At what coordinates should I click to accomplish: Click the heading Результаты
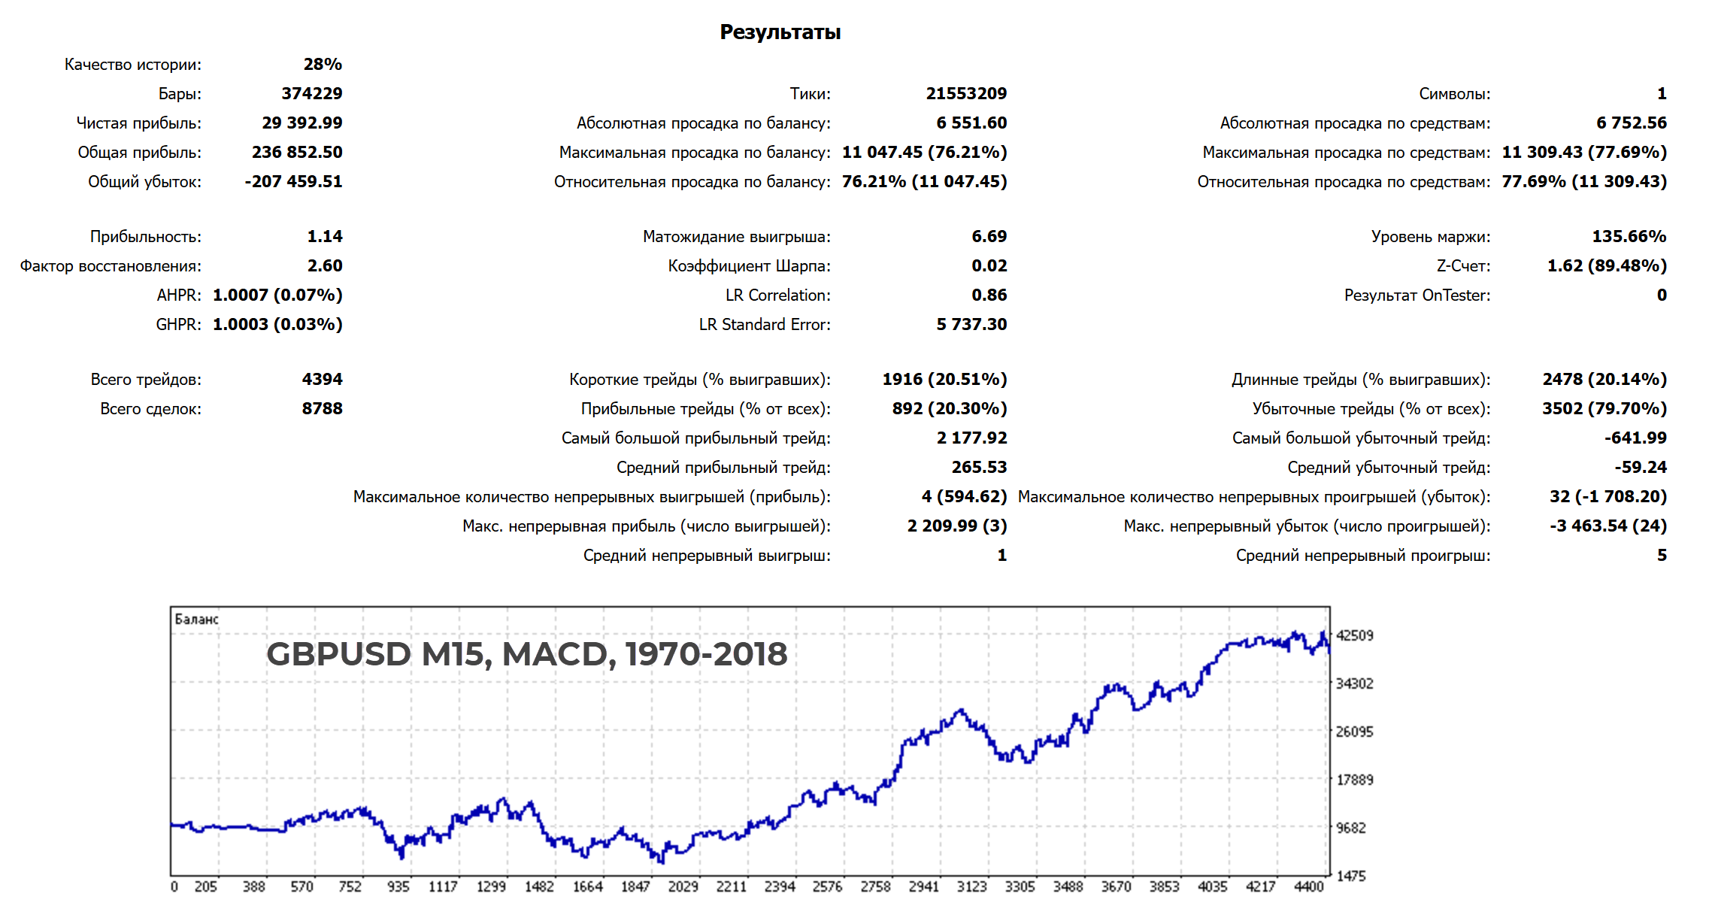(x=780, y=32)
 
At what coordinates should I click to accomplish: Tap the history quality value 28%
(x=323, y=64)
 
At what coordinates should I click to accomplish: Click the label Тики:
(x=810, y=93)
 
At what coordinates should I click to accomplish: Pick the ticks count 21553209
(x=965, y=93)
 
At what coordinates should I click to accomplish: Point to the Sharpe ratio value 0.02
(x=989, y=265)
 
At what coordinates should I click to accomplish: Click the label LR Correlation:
(x=777, y=295)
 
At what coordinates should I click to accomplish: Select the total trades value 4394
(x=322, y=379)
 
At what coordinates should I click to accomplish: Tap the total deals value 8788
(x=322, y=408)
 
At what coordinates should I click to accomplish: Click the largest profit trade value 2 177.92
(x=971, y=438)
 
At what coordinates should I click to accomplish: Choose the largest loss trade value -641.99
(x=1635, y=438)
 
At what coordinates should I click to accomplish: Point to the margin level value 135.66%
(x=1629, y=236)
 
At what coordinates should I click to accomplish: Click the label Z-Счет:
(x=1462, y=265)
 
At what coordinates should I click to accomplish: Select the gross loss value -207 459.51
(x=293, y=181)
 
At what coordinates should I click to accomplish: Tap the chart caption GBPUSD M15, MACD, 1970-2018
(x=526, y=653)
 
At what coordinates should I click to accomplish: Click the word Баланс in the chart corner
(x=196, y=619)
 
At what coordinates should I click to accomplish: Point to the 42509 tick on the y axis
(x=1354, y=635)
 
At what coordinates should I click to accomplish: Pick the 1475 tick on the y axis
(x=1350, y=876)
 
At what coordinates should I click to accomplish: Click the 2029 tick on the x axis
(x=683, y=886)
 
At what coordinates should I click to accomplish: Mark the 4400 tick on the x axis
(x=1308, y=886)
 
